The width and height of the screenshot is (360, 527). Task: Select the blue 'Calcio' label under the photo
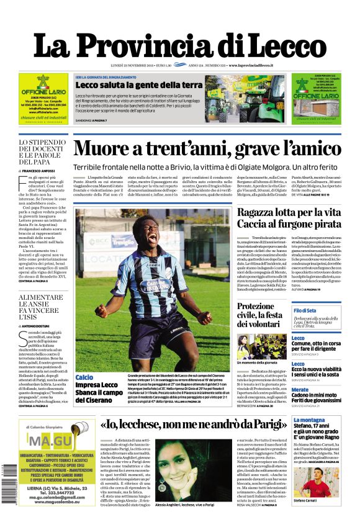click(x=84, y=377)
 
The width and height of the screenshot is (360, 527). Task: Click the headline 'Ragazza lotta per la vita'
click(x=289, y=212)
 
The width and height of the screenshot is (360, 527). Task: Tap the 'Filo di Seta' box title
click(x=305, y=310)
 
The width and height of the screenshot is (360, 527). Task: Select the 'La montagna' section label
click(x=308, y=421)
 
